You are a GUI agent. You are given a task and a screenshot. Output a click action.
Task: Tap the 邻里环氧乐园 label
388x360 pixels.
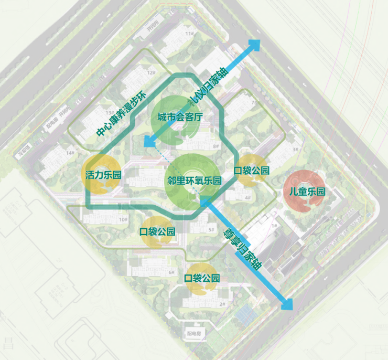194,181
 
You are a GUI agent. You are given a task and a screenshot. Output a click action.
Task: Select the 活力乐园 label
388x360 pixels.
103,175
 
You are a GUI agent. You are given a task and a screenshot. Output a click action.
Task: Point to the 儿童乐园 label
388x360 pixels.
304,192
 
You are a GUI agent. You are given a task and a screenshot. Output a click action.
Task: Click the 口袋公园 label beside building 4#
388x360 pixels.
251,171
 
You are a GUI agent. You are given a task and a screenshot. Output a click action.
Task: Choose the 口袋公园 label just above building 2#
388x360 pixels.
201,278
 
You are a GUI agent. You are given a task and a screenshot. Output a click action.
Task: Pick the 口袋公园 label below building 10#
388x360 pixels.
157,231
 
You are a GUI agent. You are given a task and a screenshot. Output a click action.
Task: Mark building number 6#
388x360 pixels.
171,272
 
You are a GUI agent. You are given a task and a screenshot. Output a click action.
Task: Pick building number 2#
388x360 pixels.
222,304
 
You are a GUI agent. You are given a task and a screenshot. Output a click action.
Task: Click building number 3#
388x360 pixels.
296,150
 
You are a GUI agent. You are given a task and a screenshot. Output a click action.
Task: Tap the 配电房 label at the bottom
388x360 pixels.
194,334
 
